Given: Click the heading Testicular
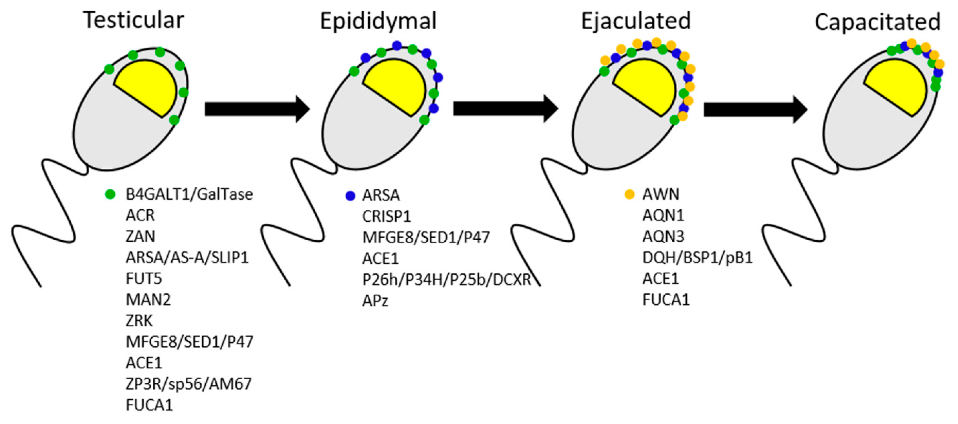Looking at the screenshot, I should [133, 20].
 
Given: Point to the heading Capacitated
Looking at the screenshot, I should [877, 22].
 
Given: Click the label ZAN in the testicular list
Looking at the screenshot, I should [140, 236].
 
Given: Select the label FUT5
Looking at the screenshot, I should [144, 278].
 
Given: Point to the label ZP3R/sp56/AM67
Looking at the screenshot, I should [188, 384].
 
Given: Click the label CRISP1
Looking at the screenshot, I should [386, 216].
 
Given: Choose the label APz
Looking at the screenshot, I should [375, 300].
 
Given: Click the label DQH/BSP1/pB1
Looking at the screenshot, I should [697, 257].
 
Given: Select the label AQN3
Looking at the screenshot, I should [663, 236].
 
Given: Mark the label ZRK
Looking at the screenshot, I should [139, 321].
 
